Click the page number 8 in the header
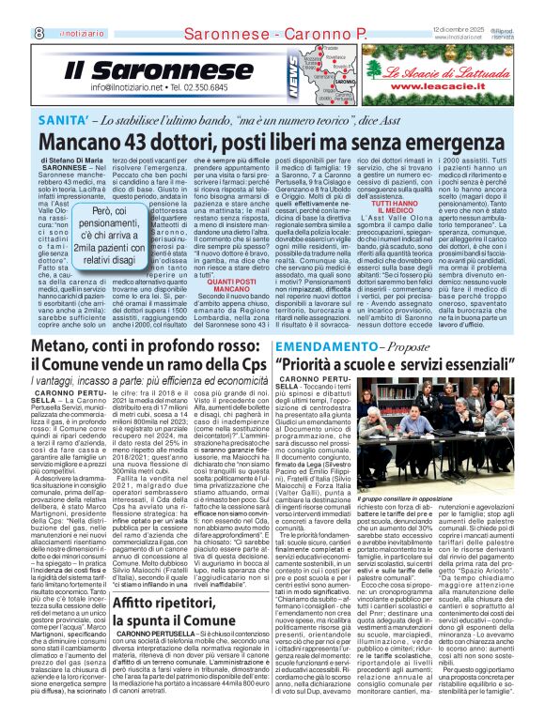(12, 8)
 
